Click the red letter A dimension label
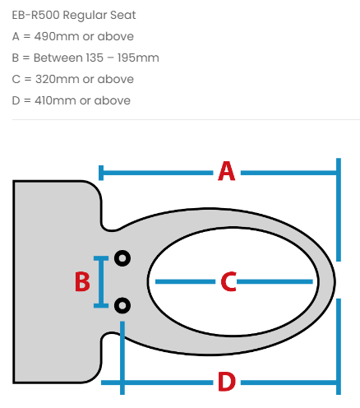[227, 171]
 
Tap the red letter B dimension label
[82, 281]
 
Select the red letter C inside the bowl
[228, 281]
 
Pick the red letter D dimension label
[227, 382]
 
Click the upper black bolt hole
[122, 258]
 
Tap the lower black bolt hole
[122, 305]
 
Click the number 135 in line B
[95, 58]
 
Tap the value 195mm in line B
[138, 58]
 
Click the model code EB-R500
[35, 15]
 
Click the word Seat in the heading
[123, 15]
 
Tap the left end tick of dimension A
[101, 173]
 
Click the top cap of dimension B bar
[101, 258]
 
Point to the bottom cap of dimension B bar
[101, 305]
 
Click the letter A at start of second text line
[16, 36]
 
